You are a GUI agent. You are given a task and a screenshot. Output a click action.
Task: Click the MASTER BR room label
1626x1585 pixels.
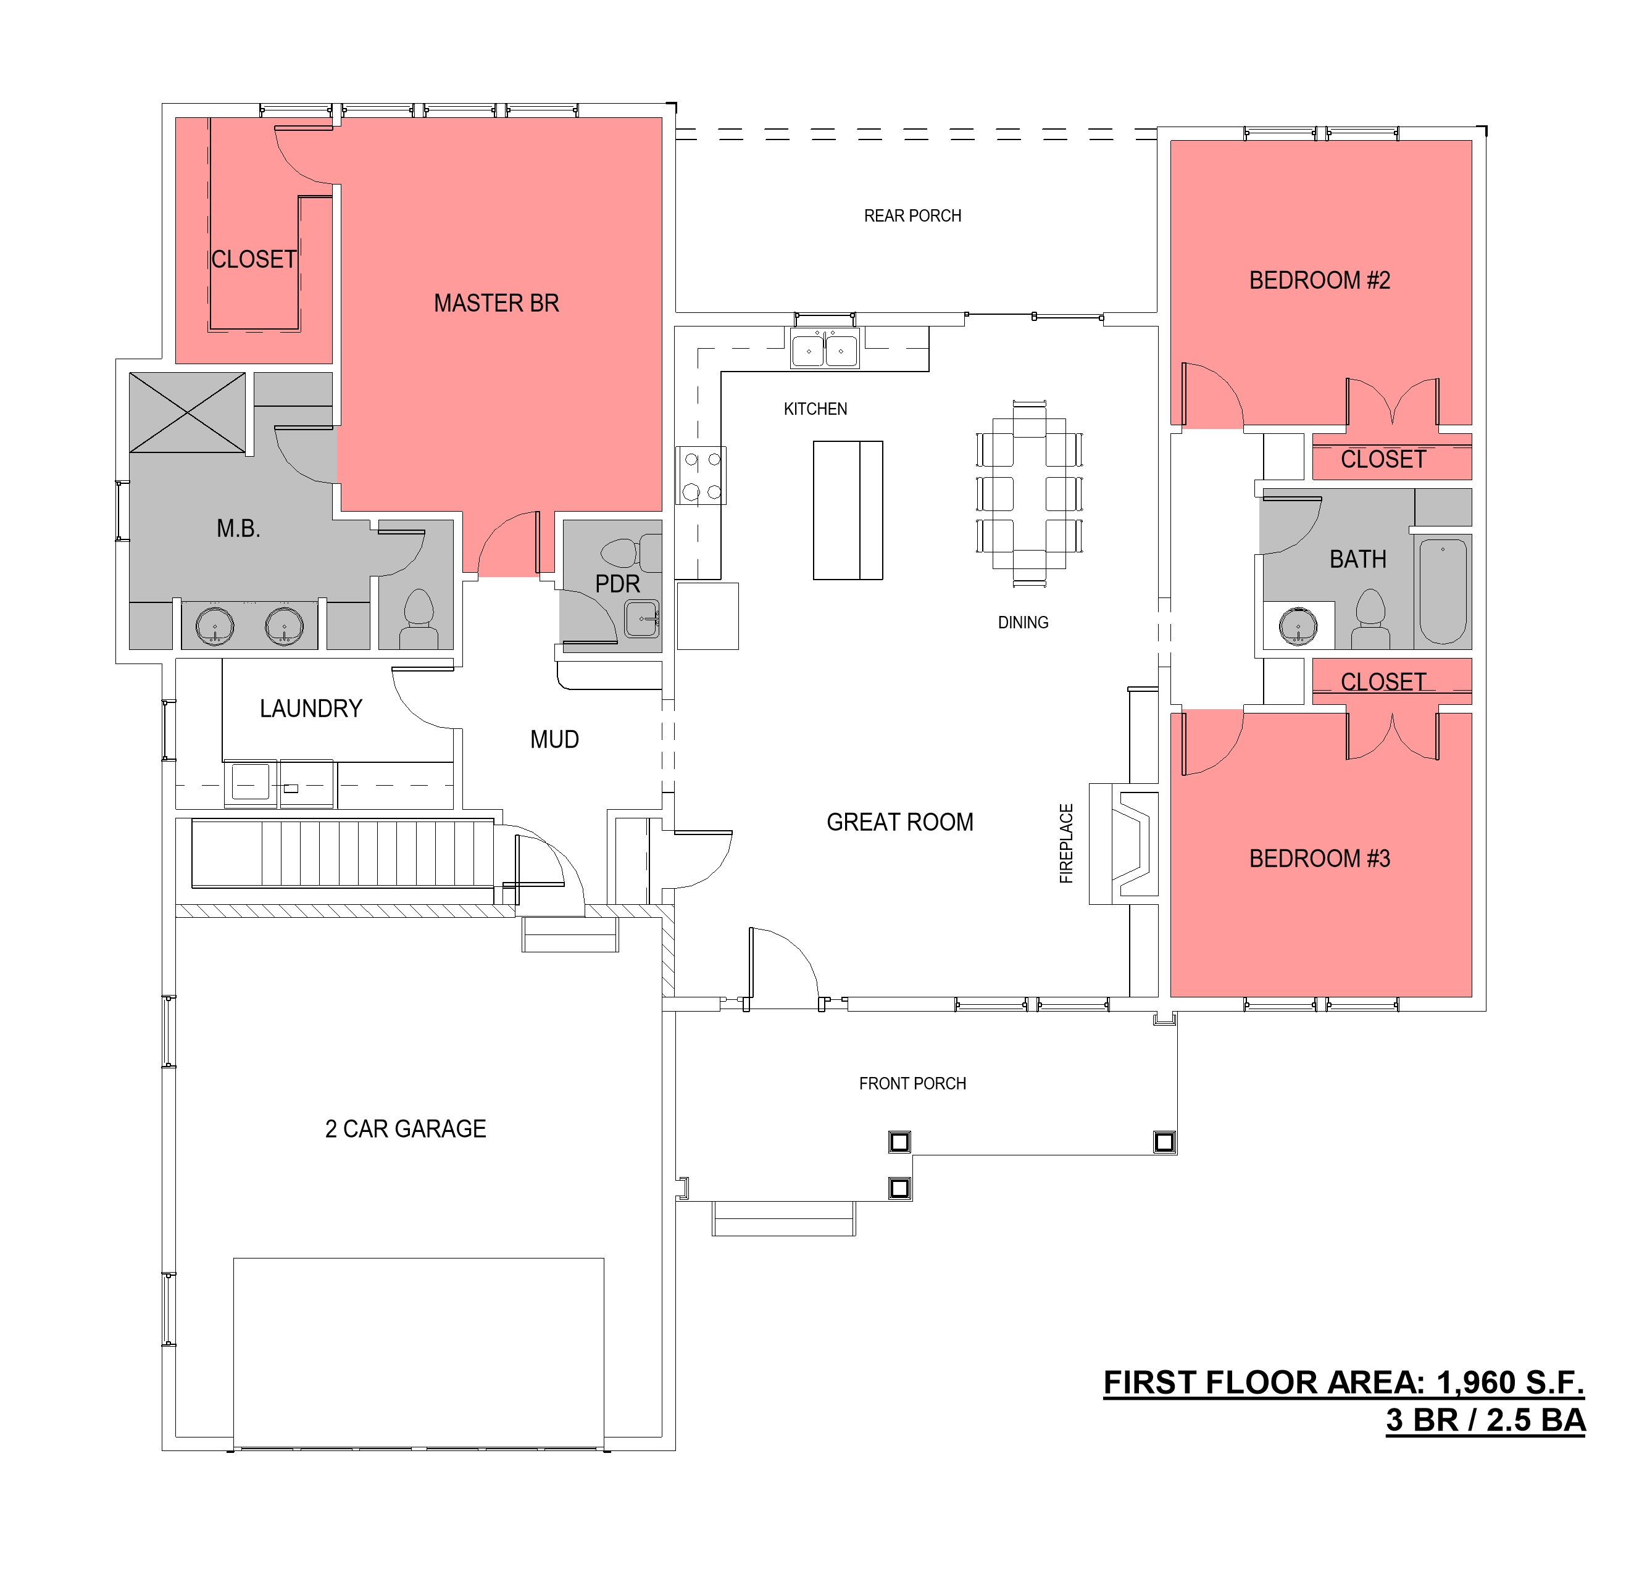496,303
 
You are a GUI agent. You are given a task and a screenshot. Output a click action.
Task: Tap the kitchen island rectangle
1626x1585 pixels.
848,510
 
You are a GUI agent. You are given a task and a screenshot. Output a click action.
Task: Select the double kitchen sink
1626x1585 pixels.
823,349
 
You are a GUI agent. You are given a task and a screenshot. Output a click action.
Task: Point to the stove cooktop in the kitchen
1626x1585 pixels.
701,475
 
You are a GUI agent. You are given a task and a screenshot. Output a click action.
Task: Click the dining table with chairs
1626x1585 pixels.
1029,494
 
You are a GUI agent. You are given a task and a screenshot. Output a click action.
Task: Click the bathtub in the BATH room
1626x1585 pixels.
1442,591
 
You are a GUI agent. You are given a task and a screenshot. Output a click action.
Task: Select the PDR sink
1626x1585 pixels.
642,618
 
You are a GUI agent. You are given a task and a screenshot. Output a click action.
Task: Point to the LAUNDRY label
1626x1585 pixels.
311,709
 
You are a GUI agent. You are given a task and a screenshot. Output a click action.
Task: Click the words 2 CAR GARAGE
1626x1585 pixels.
406,1129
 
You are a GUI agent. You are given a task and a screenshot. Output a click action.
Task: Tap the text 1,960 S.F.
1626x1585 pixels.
1509,1382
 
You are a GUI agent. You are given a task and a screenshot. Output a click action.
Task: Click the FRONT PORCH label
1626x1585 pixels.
912,1084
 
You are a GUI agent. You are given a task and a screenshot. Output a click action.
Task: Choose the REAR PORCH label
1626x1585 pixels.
912,217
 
